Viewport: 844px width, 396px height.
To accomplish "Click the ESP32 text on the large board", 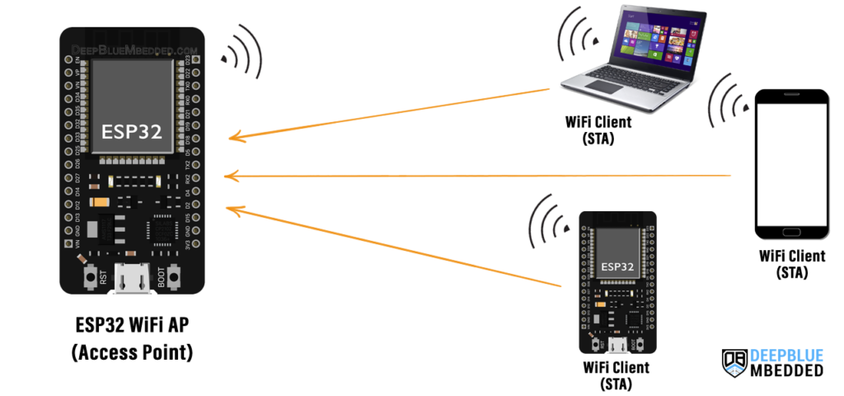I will (x=132, y=132).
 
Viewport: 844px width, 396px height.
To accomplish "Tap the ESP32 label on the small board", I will (x=618, y=267).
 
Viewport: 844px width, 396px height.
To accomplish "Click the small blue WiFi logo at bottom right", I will (x=734, y=369).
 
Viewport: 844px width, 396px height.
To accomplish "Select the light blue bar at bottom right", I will (x=795, y=356).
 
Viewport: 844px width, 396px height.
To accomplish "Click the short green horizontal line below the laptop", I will (x=597, y=111).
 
